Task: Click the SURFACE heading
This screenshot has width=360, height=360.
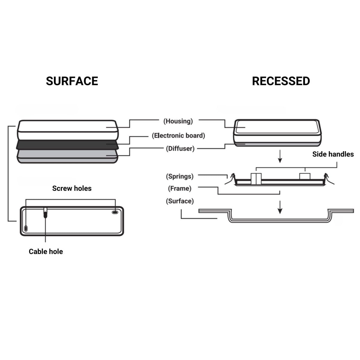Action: [72, 81]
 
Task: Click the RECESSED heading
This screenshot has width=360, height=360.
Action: [281, 81]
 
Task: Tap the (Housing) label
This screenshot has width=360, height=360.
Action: [178, 121]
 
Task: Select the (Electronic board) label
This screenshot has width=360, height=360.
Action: [178, 135]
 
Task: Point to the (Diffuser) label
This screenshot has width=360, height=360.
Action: [180, 148]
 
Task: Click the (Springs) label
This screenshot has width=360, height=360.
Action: [180, 176]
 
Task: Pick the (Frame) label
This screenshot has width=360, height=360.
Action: [180, 188]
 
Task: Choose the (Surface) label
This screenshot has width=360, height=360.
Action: [180, 201]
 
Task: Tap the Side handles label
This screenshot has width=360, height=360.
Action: [333, 154]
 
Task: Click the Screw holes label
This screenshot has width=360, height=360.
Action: [72, 188]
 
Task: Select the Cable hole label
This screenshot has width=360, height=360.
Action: [46, 251]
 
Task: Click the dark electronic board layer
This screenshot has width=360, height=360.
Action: [67, 145]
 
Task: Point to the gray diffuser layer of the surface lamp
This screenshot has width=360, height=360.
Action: [67, 156]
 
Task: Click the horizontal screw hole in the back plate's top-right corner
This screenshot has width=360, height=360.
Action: [115, 212]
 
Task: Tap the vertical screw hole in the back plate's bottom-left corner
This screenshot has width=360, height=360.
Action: [26, 228]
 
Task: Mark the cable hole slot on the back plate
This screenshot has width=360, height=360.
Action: [45, 213]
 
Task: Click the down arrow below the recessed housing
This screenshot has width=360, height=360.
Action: [280, 156]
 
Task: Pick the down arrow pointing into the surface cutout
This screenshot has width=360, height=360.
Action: [280, 207]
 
